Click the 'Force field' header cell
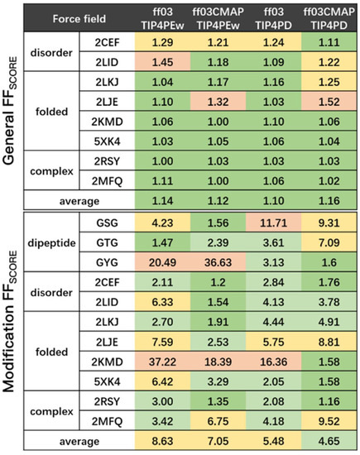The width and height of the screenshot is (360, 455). click(x=79, y=17)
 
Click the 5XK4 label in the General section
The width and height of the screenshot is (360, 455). click(x=105, y=141)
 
